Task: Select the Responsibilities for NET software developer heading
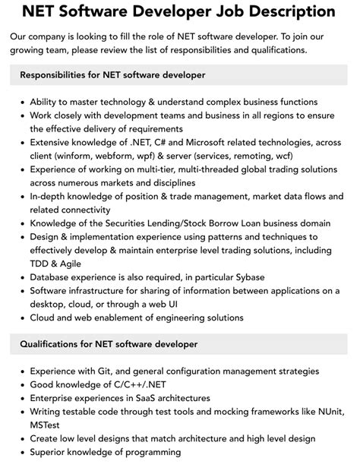pyautogui.click(x=112, y=75)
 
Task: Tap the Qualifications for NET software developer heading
pyautogui.click(x=109, y=344)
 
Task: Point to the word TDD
pyautogui.click(x=43, y=264)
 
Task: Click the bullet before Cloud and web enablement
pyautogui.click(x=23, y=318)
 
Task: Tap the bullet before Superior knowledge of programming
pyautogui.click(x=23, y=452)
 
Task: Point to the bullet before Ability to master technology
pyautogui.click(x=23, y=102)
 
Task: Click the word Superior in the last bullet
pyautogui.click(x=51, y=452)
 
